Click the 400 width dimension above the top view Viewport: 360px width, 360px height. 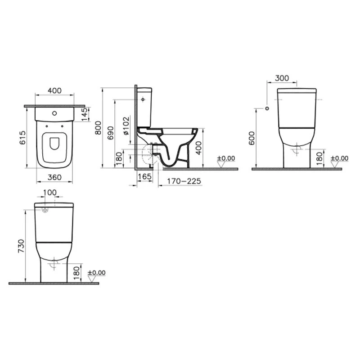[x=54, y=91]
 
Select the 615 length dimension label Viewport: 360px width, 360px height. [x=23, y=138]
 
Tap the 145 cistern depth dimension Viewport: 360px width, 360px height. [x=85, y=114]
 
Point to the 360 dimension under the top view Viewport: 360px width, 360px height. [x=54, y=177]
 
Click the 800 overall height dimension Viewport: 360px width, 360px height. [x=98, y=128]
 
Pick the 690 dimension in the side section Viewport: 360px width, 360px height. [x=110, y=133]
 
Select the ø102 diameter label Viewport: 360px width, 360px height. [x=126, y=126]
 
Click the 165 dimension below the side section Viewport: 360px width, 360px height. [x=144, y=176]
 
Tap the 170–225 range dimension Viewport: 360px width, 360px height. [x=184, y=181]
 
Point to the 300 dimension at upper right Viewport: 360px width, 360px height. [x=282, y=78]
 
